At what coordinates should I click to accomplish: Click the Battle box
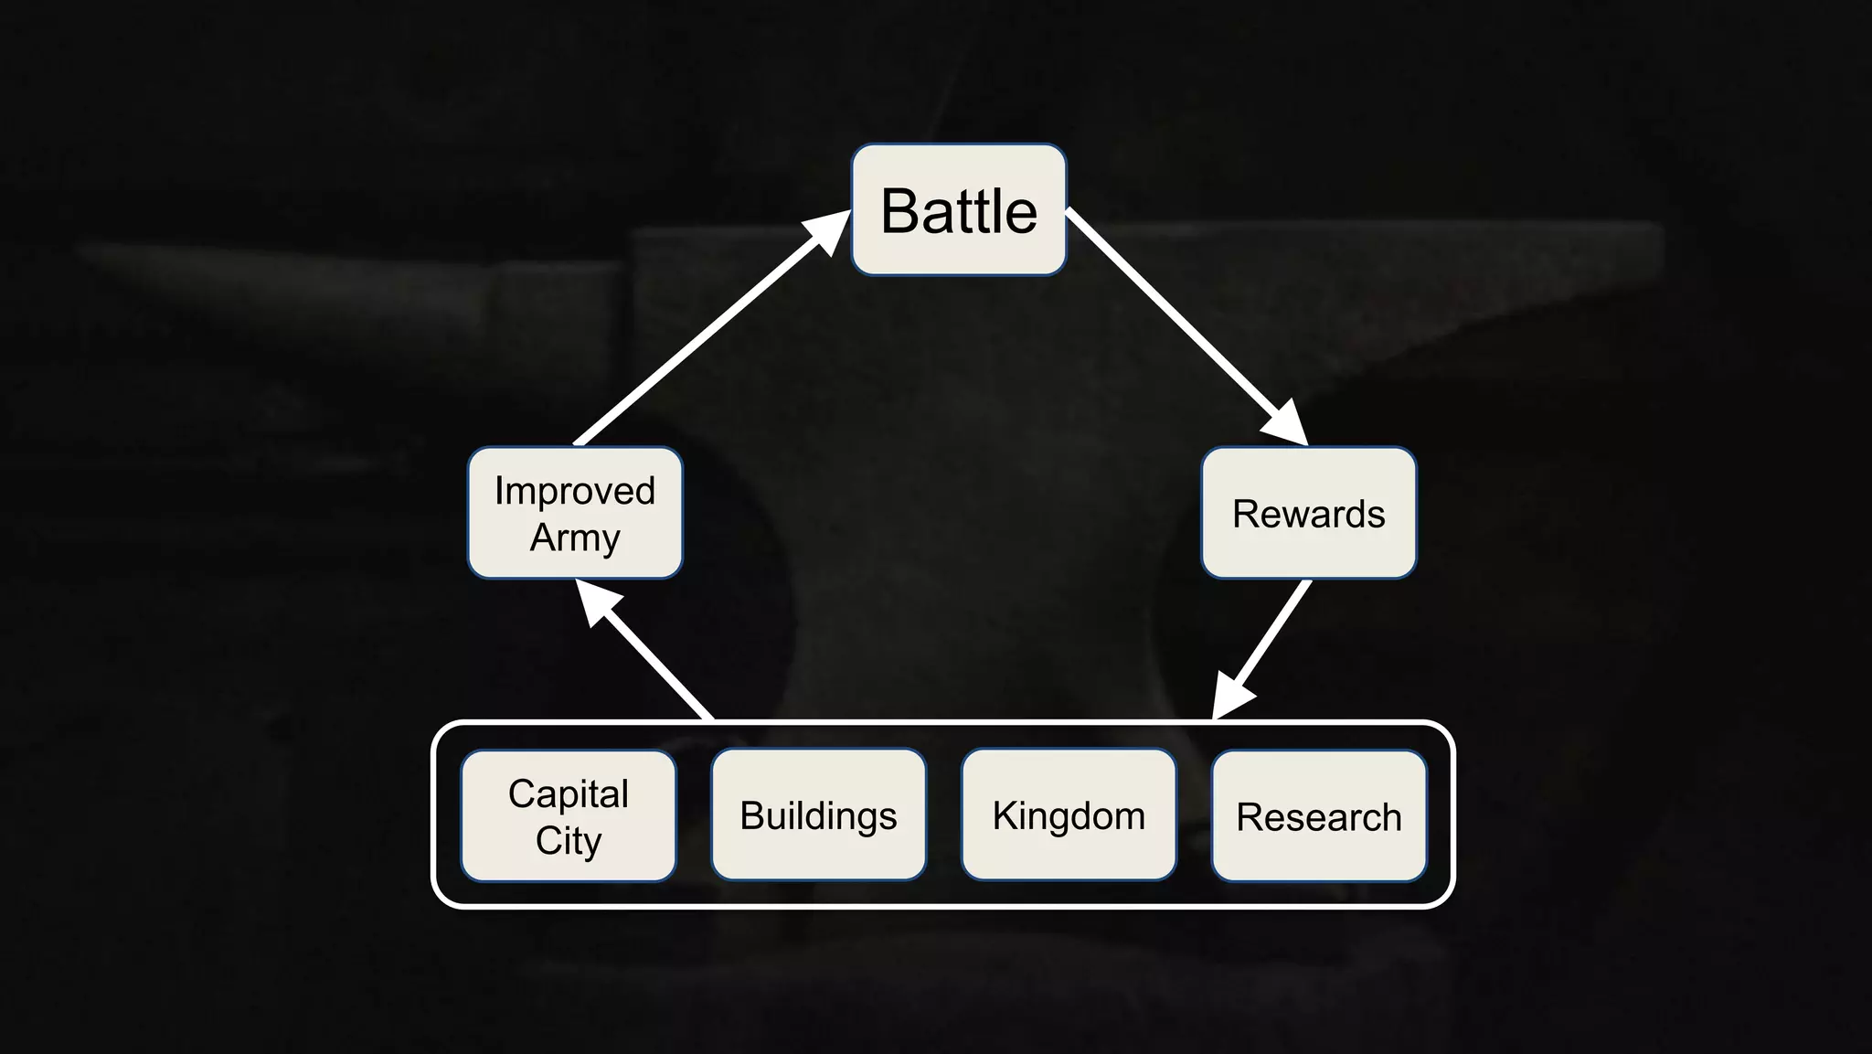click(959, 209)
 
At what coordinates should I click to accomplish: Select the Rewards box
click(1308, 513)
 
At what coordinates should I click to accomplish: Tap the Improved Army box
click(575, 513)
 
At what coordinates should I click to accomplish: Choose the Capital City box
click(569, 815)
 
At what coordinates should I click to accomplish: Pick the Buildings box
click(818, 814)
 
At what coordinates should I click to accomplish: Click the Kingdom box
click(1069, 814)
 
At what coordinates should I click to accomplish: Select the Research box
click(1318, 815)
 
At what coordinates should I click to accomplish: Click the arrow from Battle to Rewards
click(1179, 320)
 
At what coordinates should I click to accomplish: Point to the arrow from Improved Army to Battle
click(704, 334)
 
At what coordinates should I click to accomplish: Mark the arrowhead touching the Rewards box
click(1287, 423)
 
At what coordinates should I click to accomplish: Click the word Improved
click(575, 491)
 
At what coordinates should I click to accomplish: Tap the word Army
click(575, 538)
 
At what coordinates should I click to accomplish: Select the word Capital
click(569, 793)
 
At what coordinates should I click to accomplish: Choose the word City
click(569, 841)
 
